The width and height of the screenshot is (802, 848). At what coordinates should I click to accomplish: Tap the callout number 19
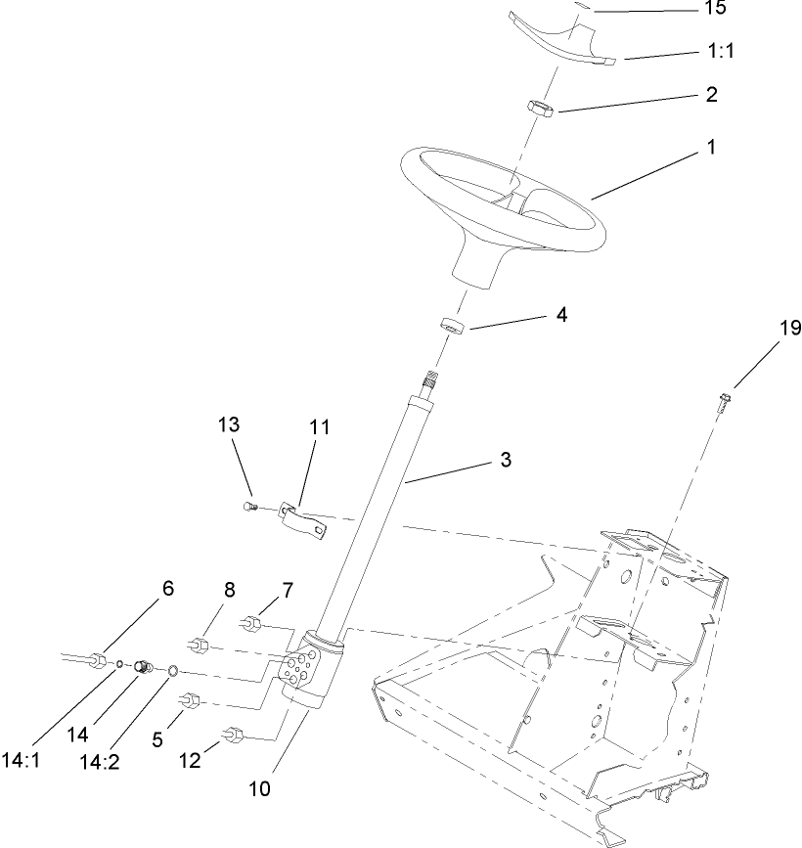pos(789,330)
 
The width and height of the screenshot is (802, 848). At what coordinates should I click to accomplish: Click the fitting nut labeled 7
pos(251,621)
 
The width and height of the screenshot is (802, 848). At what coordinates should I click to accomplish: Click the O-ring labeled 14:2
pos(172,671)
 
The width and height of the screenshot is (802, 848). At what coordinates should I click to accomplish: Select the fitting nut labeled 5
pos(190,701)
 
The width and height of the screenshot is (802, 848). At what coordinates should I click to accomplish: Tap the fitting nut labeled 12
pos(236,733)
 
